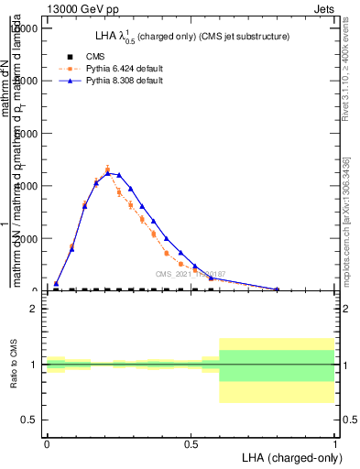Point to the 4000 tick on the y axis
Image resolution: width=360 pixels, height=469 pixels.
tap(28, 186)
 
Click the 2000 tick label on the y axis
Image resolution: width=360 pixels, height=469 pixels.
tap(28, 238)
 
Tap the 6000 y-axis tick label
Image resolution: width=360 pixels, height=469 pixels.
tap(28, 133)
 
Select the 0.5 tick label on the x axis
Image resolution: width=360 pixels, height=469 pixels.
tap(191, 444)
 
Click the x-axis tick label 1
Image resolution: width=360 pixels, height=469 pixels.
tap(335, 444)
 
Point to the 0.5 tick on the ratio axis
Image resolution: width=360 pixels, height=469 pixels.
tap(30, 420)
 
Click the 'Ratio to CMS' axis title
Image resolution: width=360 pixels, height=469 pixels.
tap(14, 365)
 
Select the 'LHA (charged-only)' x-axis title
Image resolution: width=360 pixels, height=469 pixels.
tap(289, 457)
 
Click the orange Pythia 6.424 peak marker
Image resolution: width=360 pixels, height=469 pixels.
tap(107, 169)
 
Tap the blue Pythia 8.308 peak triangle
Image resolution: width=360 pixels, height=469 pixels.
tap(108, 171)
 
